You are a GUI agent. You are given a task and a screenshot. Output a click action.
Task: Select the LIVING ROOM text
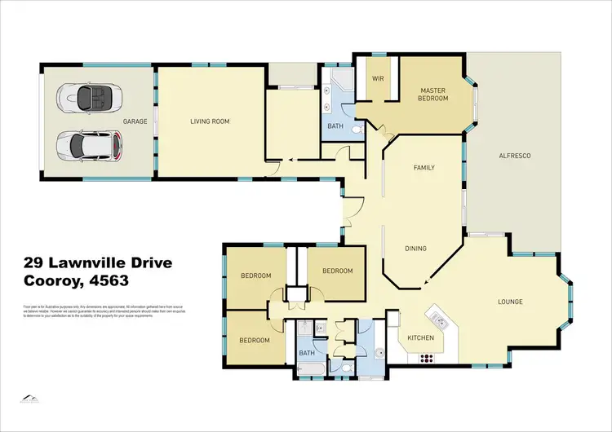tap(210, 121)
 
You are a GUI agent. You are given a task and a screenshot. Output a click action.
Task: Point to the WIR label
tap(378, 80)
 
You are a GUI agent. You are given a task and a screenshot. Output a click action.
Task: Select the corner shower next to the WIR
tap(340, 81)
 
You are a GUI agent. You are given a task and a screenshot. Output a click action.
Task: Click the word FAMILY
tap(424, 168)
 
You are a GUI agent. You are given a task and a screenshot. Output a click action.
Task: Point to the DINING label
tap(418, 249)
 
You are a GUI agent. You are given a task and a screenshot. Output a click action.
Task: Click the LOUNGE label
tap(510, 302)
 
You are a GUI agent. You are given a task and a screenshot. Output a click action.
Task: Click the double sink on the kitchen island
tap(439, 317)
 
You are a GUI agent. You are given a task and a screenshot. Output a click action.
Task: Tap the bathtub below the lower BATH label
tap(308, 371)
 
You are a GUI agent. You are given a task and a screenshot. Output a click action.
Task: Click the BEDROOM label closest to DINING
tap(337, 271)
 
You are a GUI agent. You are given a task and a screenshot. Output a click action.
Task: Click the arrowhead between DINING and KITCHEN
tap(424, 283)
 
